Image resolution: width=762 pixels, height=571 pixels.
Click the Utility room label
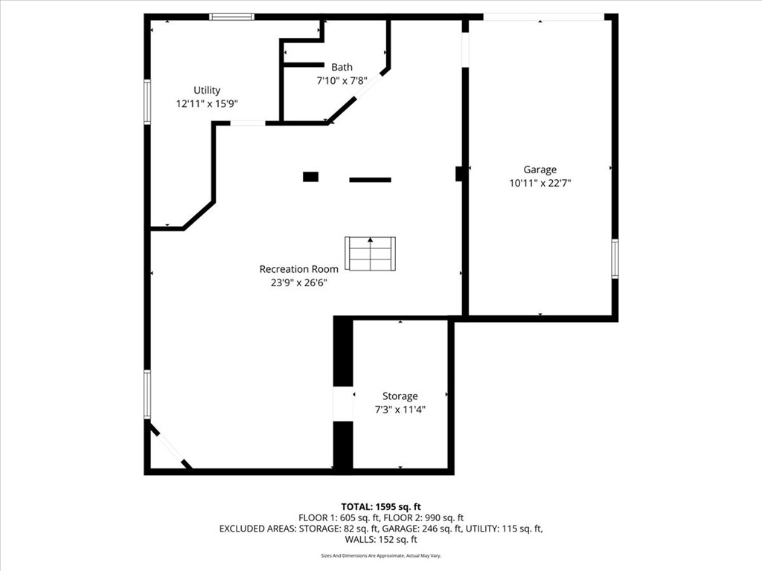[207, 90]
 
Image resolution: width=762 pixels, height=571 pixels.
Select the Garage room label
[540, 170]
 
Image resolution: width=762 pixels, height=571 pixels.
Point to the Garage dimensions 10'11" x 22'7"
[540, 183]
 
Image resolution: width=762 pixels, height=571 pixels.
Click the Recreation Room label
[298, 269]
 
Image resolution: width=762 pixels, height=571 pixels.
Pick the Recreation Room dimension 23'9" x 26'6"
[298, 283]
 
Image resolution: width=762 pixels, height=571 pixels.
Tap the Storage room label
[400, 396]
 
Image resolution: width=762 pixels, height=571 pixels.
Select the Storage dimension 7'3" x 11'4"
[400, 410]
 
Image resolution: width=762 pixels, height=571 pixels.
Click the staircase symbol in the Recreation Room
[370, 254]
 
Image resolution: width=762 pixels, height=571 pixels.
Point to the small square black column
[310, 177]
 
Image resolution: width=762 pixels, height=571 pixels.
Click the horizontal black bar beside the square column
[370, 179]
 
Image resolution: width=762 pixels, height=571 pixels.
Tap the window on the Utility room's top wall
[231, 16]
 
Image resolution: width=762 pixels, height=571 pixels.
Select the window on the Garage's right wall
[615, 259]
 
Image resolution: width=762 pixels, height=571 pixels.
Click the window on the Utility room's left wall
[147, 102]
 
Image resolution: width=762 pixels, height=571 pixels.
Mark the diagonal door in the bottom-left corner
[170, 447]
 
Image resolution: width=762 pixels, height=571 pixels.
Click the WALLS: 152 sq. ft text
[381, 540]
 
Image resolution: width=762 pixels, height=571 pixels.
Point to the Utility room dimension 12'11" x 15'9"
[207, 104]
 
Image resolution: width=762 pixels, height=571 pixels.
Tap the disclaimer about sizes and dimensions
[381, 556]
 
